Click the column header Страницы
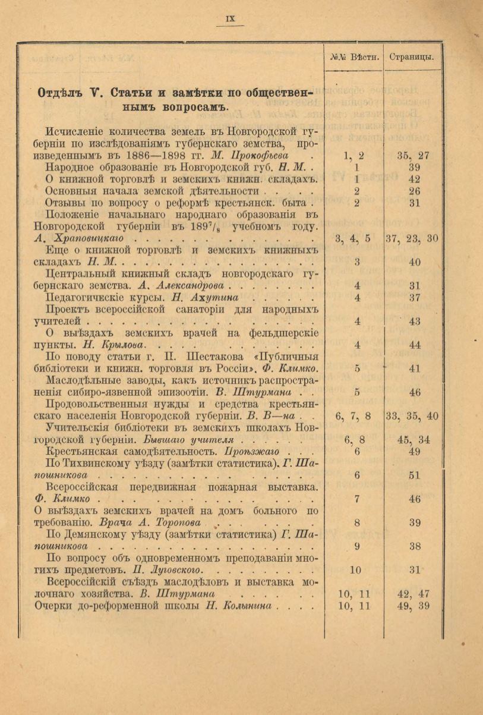coord(412,58)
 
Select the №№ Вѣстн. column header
coord(354,58)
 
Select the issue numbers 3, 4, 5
coord(353,238)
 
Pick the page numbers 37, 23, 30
coord(412,238)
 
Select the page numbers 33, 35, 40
coord(412,416)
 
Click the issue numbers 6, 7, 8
coord(353,416)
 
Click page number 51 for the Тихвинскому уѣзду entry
coord(415,475)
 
